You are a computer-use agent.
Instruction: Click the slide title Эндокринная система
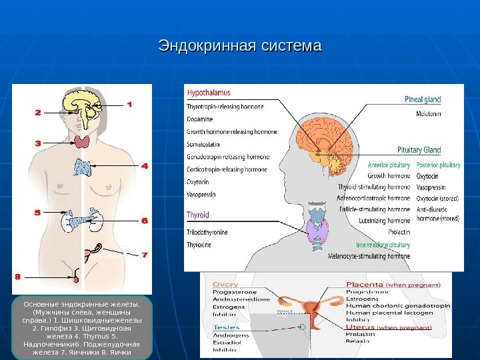click(240, 47)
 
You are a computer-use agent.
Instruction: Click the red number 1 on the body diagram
click(129, 104)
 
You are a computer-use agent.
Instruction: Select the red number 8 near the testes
click(18, 275)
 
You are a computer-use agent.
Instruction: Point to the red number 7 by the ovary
click(145, 254)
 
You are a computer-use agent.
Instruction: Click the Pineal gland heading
click(423, 100)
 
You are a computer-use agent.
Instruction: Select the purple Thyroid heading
click(198, 216)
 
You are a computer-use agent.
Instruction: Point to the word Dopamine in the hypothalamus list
click(201, 119)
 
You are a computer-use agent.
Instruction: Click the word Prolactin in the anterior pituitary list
click(398, 232)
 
